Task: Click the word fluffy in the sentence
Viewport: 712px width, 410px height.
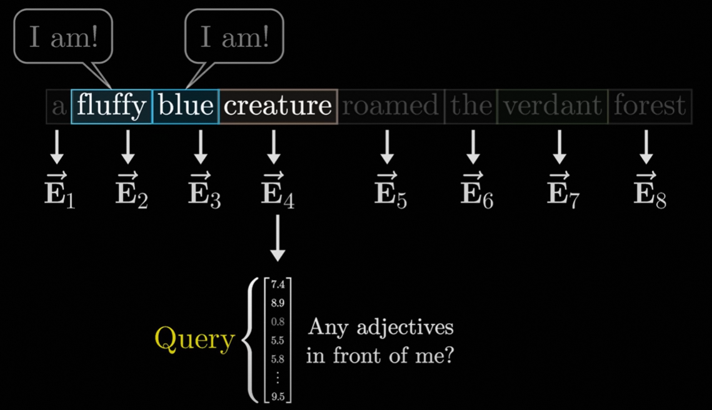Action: click(x=111, y=106)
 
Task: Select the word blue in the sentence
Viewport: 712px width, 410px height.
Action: click(x=186, y=106)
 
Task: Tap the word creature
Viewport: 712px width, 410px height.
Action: click(x=278, y=106)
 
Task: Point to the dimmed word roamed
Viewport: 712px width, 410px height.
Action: click(x=391, y=106)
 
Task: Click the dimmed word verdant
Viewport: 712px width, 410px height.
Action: click(x=553, y=106)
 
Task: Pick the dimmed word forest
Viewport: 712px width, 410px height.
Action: click(x=649, y=106)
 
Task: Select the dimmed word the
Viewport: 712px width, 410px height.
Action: click(x=471, y=106)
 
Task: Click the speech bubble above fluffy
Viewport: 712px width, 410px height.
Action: click(x=63, y=37)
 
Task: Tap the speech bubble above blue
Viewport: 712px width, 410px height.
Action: click(x=234, y=37)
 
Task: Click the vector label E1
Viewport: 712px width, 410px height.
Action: click(x=60, y=191)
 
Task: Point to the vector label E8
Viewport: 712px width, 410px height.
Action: click(x=649, y=191)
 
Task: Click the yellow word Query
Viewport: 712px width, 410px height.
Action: click(x=194, y=339)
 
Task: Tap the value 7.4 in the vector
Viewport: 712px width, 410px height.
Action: click(x=278, y=285)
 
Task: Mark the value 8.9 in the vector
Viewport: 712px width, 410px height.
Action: click(x=278, y=304)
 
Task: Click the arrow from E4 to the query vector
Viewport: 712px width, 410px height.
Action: click(x=277, y=241)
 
